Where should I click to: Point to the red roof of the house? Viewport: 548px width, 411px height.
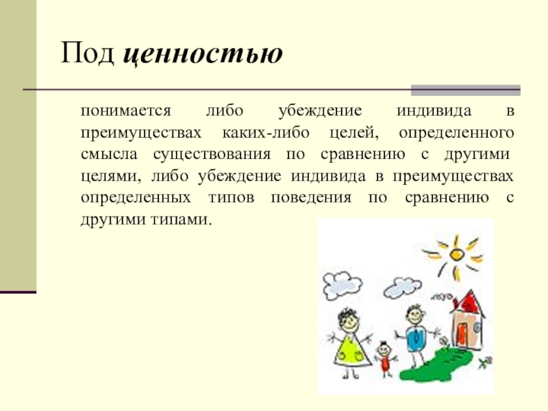coord(468,303)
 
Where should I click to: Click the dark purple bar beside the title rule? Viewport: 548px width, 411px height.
coord(465,90)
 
